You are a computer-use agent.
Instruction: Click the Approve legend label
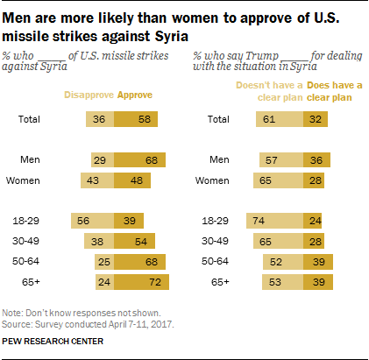[x=134, y=95]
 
